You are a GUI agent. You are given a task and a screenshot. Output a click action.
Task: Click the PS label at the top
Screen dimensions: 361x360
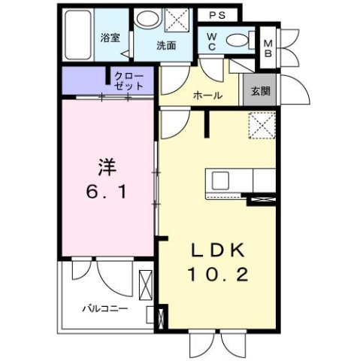pyautogui.click(x=218, y=14)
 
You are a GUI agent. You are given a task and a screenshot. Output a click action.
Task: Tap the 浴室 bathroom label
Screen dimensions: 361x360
pyautogui.click(x=110, y=38)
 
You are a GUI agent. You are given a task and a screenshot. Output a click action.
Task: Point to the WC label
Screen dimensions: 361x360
pyautogui.click(x=211, y=41)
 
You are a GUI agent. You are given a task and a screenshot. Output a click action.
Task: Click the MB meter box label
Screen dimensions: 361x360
pyautogui.click(x=268, y=47)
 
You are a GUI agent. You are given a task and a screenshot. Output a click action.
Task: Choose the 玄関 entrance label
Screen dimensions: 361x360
pyautogui.click(x=260, y=92)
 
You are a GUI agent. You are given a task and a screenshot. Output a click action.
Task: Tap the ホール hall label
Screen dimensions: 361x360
pyautogui.click(x=207, y=96)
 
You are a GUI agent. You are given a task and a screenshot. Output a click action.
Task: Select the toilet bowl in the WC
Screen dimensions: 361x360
pyautogui.click(x=238, y=41)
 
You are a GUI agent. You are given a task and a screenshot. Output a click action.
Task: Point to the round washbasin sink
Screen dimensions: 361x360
pyautogui.click(x=148, y=20)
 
